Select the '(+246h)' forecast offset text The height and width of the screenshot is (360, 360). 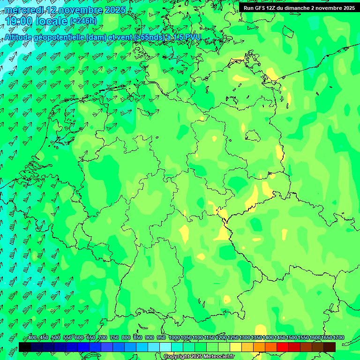[x=83, y=21]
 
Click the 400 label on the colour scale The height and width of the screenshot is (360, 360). [x=32, y=338]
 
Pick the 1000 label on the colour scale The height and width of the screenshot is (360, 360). [x=174, y=338]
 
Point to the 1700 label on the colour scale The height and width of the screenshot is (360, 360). [x=338, y=338]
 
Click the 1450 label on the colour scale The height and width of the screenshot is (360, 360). [x=279, y=338]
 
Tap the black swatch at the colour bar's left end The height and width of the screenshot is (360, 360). [x=25, y=347]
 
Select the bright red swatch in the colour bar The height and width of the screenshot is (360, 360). [x=283, y=347]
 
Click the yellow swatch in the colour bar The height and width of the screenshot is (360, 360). [x=236, y=347]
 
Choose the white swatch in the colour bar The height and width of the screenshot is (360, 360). [x=165, y=347]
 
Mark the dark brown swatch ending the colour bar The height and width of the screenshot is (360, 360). [x=330, y=347]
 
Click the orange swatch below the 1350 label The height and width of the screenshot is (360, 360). [x=259, y=347]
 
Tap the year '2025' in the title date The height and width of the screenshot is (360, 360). [x=113, y=10]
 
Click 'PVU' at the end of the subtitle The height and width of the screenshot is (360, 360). [x=193, y=37]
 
